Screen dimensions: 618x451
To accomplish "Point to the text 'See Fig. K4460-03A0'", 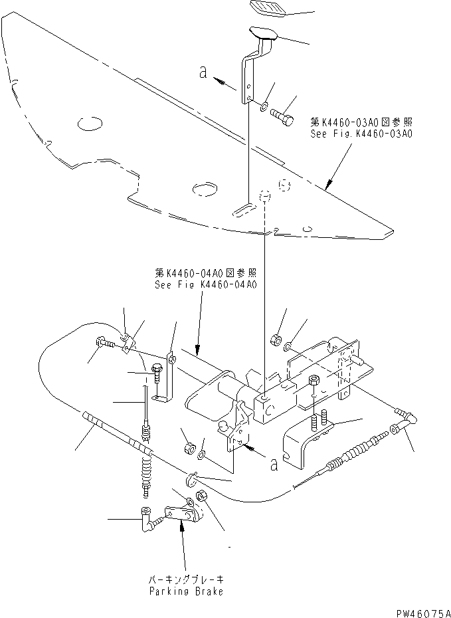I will click(361, 134).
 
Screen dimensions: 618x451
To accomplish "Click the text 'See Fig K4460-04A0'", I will click(206, 284).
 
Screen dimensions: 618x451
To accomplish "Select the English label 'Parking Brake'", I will click(186, 591).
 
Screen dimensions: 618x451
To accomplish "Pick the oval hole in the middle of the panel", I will click(205, 190).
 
